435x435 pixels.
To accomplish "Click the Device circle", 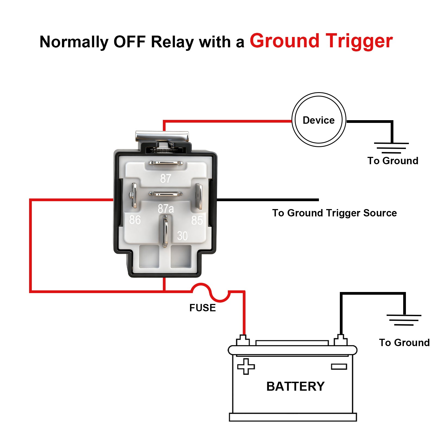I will pyautogui.click(x=319, y=120).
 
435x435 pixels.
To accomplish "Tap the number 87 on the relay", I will pyautogui.click(x=166, y=179).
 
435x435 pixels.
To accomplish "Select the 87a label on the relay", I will pyautogui.click(x=166, y=209).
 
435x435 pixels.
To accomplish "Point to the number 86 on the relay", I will pyautogui.click(x=135, y=220).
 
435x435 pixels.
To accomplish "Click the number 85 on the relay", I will pyautogui.click(x=197, y=220).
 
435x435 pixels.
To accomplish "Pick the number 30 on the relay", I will pyautogui.click(x=182, y=236).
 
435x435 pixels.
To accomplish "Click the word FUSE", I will pyautogui.click(x=203, y=308).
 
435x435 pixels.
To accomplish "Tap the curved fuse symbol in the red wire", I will pyautogui.click(x=211, y=293).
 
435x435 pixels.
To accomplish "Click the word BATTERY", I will pyautogui.click(x=295, y=386).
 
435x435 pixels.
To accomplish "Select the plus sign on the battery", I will pyautogui.click(x=246, y=366).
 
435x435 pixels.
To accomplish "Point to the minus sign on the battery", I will pyautogui.click(x=339, y=367).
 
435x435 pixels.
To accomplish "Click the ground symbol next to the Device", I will pyautogui.click(x=391, y=148).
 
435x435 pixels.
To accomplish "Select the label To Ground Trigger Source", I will pyautogui.click(x=334, y=213).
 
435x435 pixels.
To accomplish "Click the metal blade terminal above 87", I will pyautogui.click(x=166, y=163).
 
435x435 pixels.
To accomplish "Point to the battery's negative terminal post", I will pyautogui.click(x=340, y=340).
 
